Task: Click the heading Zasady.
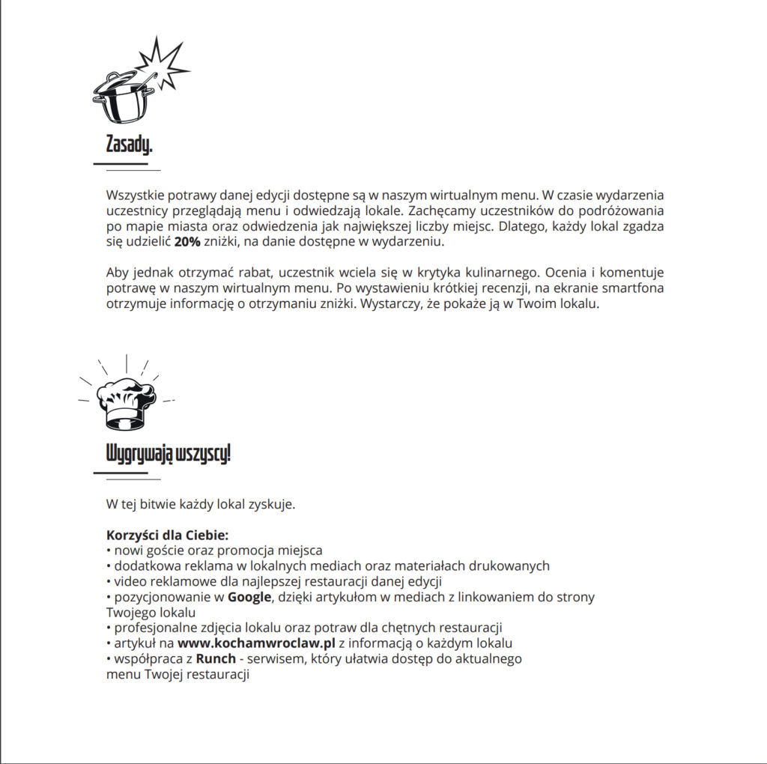129,145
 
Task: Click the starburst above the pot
161,60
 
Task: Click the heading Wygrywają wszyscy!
168,454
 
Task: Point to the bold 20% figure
187,242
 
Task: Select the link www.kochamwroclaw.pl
256,643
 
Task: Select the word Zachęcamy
441,211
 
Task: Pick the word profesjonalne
151,628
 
